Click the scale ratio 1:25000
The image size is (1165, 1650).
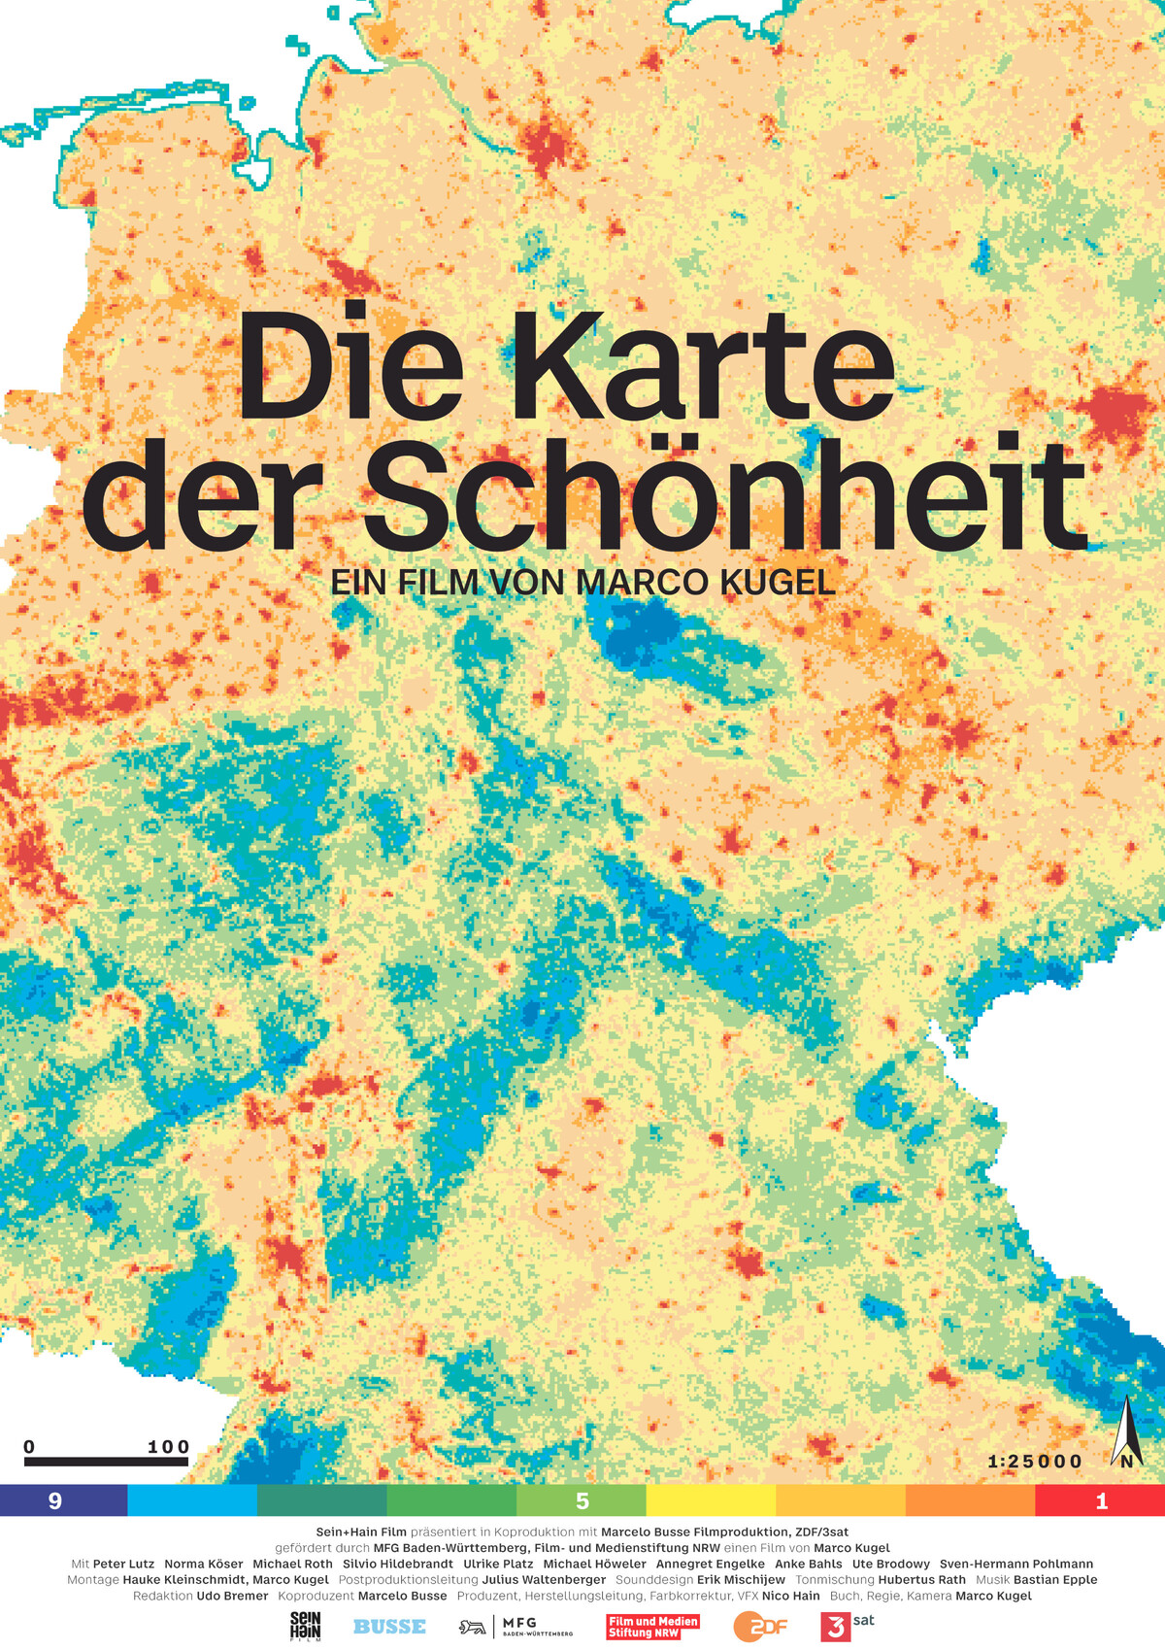(x=1034, y=1462)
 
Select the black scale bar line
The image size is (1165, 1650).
(x=106, y=1461)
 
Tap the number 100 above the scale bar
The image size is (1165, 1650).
(x=168, y=1447)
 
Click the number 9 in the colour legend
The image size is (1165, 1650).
(x=55, y=1500)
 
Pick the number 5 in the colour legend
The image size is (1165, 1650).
(x=582, y=1500)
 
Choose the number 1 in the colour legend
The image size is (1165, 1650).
(x=1102, y=1500)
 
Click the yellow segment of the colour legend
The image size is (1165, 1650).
(x=711, y=1500)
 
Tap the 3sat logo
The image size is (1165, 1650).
(x=846, y=1625)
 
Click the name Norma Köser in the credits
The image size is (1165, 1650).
(x=204, y=1565)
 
